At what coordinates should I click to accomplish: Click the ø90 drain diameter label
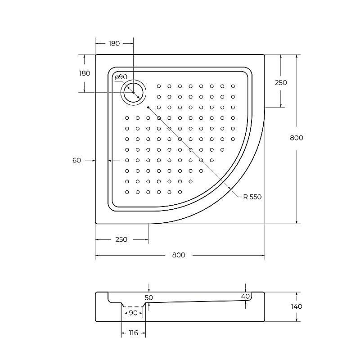[121, 77]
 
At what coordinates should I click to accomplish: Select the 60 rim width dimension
[76, 160]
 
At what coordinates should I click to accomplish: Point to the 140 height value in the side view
[297, 306]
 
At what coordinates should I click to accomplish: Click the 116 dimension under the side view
[133, 333]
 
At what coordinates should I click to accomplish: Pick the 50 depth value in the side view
[149, 298]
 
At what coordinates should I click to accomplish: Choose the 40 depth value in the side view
[245, 296]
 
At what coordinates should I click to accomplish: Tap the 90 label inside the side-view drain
[133, 313]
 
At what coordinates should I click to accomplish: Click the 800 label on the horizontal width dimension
[179, 255]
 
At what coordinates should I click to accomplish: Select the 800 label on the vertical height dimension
[296, 138]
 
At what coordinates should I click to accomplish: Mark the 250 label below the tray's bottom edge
[121, 239]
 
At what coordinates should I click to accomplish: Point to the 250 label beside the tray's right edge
[281, 83]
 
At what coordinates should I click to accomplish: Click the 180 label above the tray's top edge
[114, 44]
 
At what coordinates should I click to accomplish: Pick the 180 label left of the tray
[85, 73]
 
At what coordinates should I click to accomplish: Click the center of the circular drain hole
[134, 92]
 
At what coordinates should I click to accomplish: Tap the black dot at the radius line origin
[148, 107]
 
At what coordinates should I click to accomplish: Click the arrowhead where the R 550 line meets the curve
[229, 188]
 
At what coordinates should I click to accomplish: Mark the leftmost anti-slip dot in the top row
[159, 86]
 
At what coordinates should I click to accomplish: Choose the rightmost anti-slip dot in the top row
[233, 86]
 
